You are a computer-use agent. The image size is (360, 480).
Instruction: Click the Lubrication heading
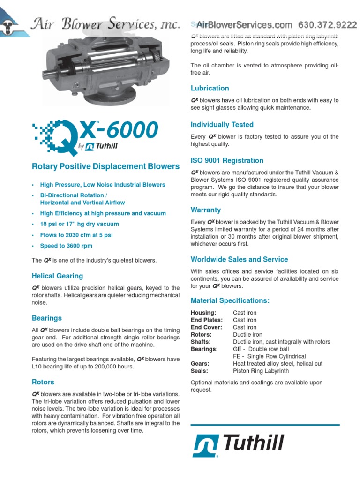[x=210, y=88]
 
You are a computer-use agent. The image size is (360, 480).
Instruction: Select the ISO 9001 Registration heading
[x=227, y=160]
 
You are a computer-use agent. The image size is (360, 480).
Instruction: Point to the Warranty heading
[x=206, y=210]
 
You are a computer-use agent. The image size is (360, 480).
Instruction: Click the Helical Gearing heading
[x=57, y=276]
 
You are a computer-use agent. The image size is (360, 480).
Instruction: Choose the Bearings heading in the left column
[x=47, y=318]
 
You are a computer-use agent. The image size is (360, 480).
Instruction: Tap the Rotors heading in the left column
[x=43, y=382]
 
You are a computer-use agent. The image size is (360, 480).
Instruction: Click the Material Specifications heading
[x=230, y=300]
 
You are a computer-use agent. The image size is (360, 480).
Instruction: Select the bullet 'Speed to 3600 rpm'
[x=66, y=246]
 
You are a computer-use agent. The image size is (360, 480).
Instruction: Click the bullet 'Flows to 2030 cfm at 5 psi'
[x=76, y=235]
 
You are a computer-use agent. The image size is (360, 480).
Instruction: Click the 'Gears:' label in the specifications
[x=200, y=363]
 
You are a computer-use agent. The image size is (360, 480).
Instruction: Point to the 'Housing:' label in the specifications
[x=203, y=313]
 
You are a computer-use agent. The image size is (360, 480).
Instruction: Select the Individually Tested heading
[x=222, y=125]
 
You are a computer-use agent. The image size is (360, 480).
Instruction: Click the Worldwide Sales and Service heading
[x=239, y=259]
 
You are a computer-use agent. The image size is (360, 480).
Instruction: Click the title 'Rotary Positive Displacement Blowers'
[x=105, y=166]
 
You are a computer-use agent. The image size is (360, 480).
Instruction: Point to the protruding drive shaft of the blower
[x=51, y=74]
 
